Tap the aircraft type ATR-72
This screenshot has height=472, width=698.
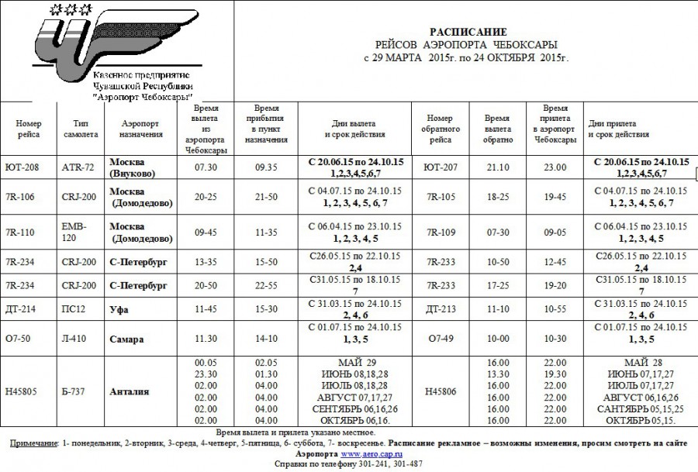click(x=78, y=167)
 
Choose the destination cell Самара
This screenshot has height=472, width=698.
click(x=127, y=339)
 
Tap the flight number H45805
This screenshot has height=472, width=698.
click(x=24, y=392)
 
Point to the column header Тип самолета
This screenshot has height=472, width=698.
click(x=85, y=129)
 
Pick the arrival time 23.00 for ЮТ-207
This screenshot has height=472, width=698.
click(x=555, y=167)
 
